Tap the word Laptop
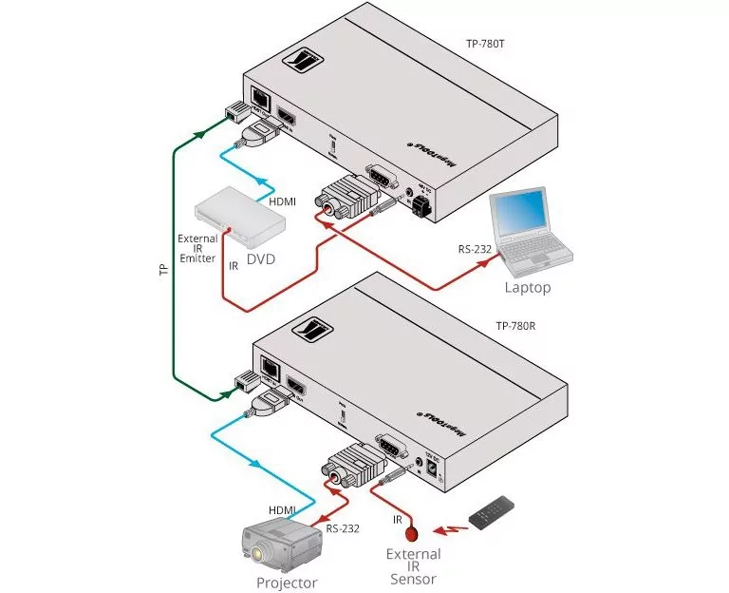527,286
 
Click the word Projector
286,583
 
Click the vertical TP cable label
163,270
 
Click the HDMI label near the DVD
283,201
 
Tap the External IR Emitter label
197,247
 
